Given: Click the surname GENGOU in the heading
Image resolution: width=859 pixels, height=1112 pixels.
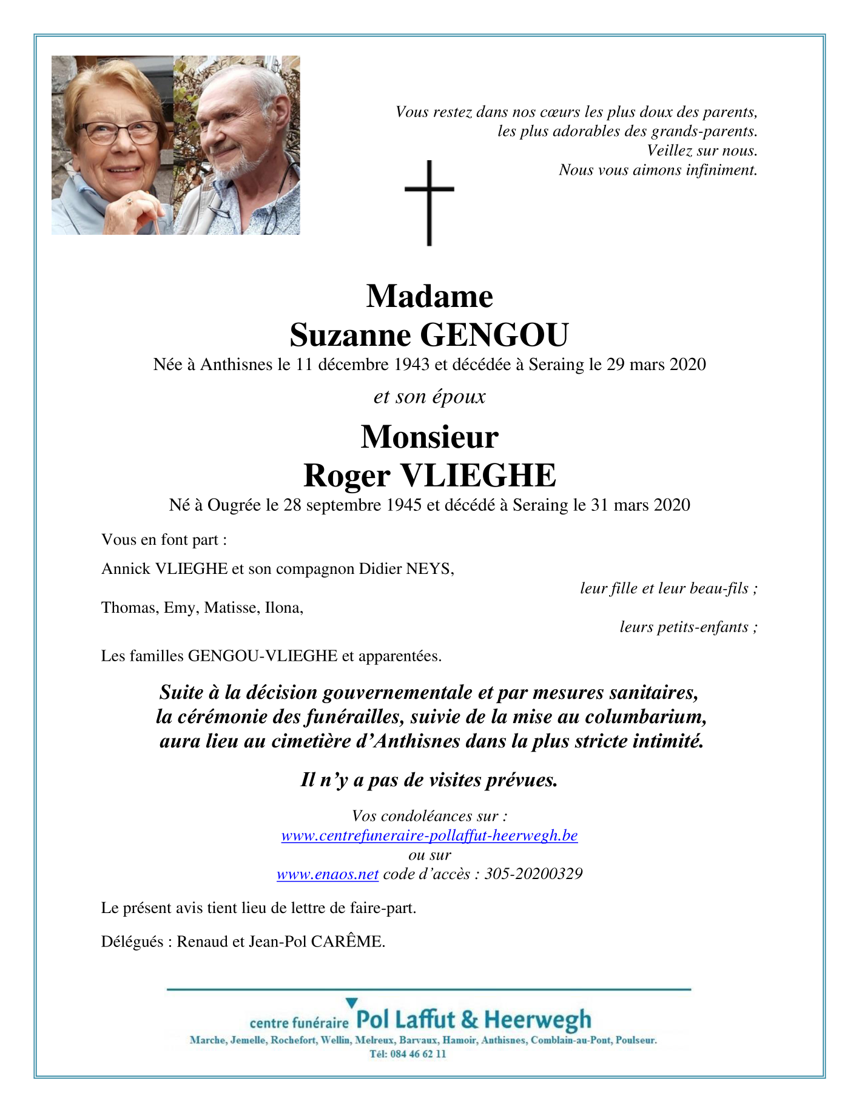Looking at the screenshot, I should coord(494,335).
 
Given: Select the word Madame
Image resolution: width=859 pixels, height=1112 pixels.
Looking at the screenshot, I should coord(429,297).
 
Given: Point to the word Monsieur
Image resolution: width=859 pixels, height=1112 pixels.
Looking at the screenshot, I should coord(429,437).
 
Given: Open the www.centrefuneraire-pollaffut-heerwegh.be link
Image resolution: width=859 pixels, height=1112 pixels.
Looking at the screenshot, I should coord(429,835).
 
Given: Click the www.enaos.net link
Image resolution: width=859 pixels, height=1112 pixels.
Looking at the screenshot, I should coord(328,874).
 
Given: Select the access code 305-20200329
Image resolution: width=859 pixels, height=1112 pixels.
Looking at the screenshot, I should coord(533,874).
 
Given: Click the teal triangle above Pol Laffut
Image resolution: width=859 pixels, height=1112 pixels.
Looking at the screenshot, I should coord(351,1003).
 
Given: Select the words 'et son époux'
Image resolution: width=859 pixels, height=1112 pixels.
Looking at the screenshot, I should coord(429,397).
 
